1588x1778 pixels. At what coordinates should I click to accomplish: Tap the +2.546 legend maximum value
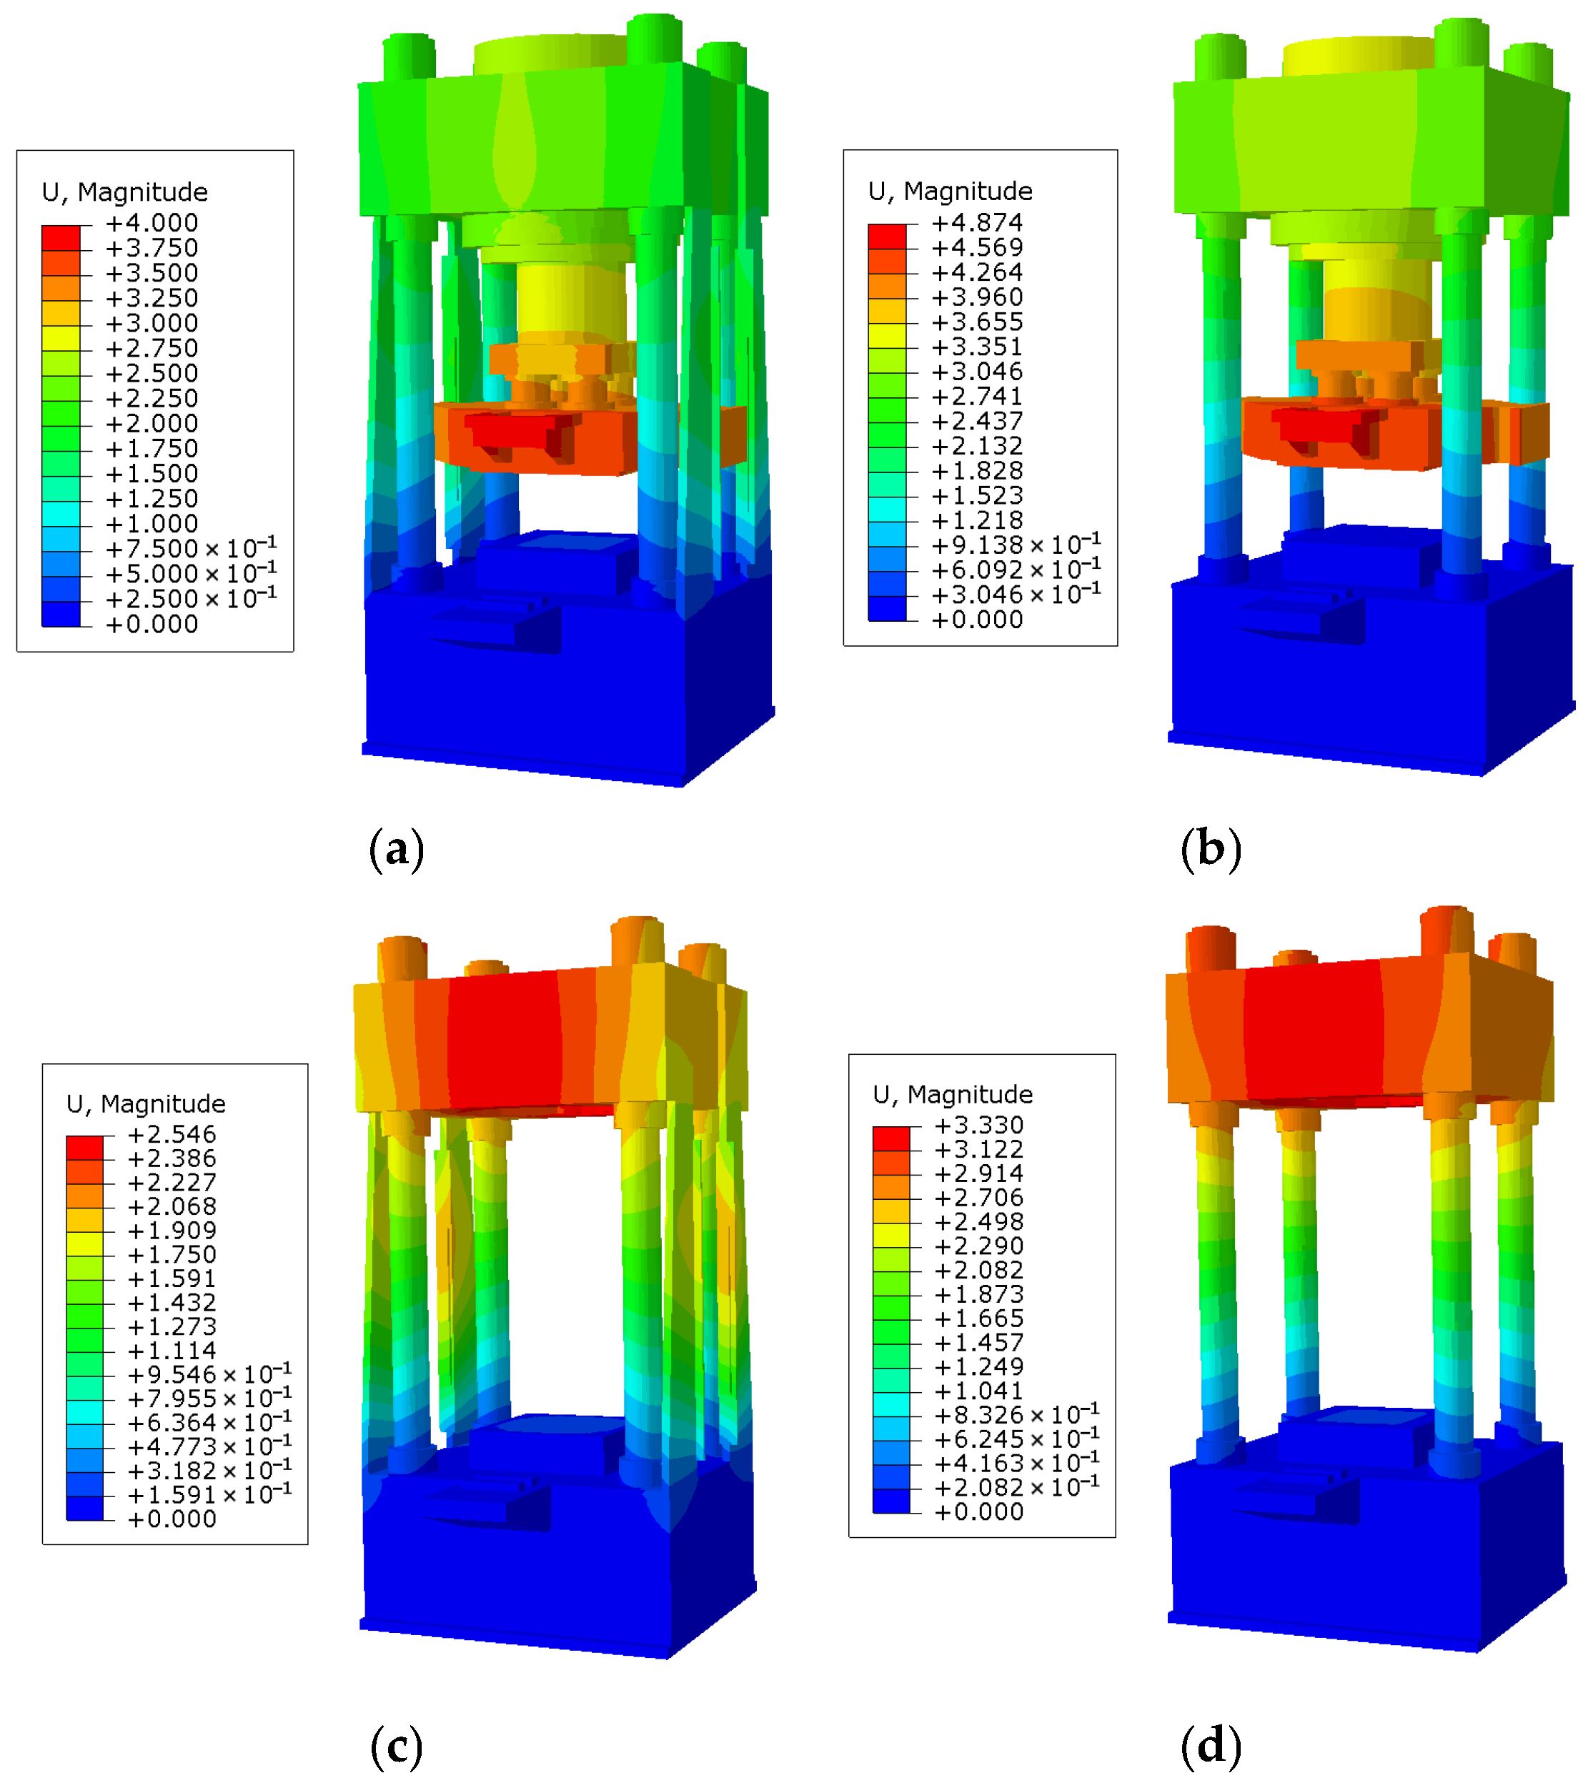[172, 1134]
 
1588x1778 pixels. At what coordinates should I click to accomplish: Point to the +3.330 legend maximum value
[979, 1125]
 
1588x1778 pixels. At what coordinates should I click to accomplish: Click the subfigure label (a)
[397, 849]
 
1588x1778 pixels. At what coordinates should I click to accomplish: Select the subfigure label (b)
[1211, 849]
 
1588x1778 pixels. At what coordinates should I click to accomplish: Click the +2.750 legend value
[152, 348]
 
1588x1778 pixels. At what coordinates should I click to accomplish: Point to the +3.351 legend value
[977, 347]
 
